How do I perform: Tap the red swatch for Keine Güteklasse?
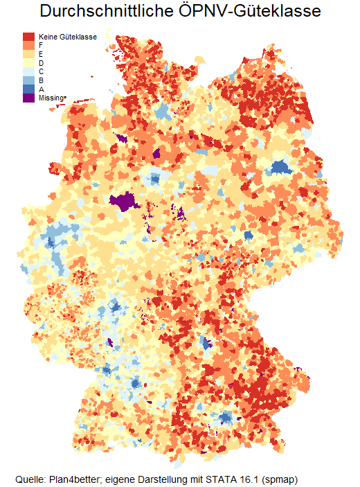28,36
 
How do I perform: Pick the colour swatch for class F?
28,45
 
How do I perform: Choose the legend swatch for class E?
28,53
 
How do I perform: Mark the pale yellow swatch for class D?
28,62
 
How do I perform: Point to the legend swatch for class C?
28,71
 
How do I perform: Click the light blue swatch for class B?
28,80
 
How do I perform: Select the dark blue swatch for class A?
28,89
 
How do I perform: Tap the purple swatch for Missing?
28,98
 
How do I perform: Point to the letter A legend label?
42,89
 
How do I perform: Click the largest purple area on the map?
125,202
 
